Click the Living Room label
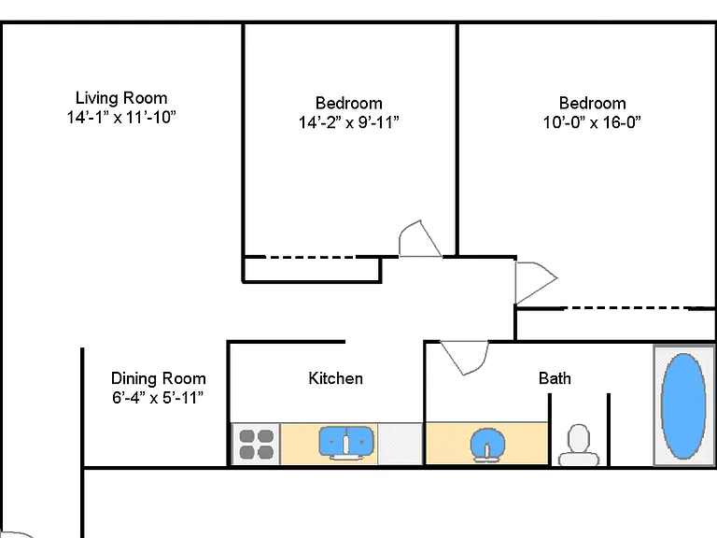coord(121,98)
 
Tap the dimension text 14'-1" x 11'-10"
coord(121,117)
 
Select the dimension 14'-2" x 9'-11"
coord(348,122)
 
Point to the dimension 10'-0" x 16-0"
coord(592,122)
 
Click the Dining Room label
coord(158,378)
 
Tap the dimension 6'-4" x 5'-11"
coord(158,398)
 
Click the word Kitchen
coord(336,378)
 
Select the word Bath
coord(555,378)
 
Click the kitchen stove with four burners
coord(256,444)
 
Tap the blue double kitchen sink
coord(346,442)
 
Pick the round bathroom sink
coord(487,444)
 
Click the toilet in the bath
coord(579,446)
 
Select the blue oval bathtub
coord(683,406)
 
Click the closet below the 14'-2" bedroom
coord(312,270)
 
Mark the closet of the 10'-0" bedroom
coord(615,324)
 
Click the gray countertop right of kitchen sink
coord(401,444)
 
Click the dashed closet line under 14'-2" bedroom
coord(311,257)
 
